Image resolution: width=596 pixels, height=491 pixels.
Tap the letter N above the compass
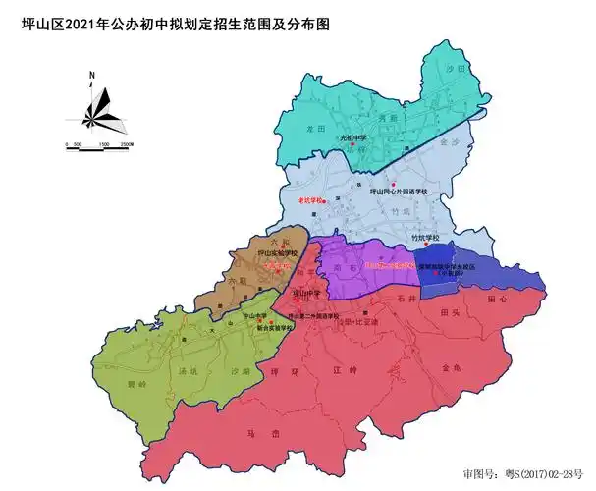coord(90,75)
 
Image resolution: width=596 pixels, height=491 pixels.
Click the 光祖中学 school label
coord(352,138)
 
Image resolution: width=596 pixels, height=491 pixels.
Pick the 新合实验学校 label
coord(274,328)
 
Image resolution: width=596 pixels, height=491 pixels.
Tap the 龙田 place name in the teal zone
coord(315,128)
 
